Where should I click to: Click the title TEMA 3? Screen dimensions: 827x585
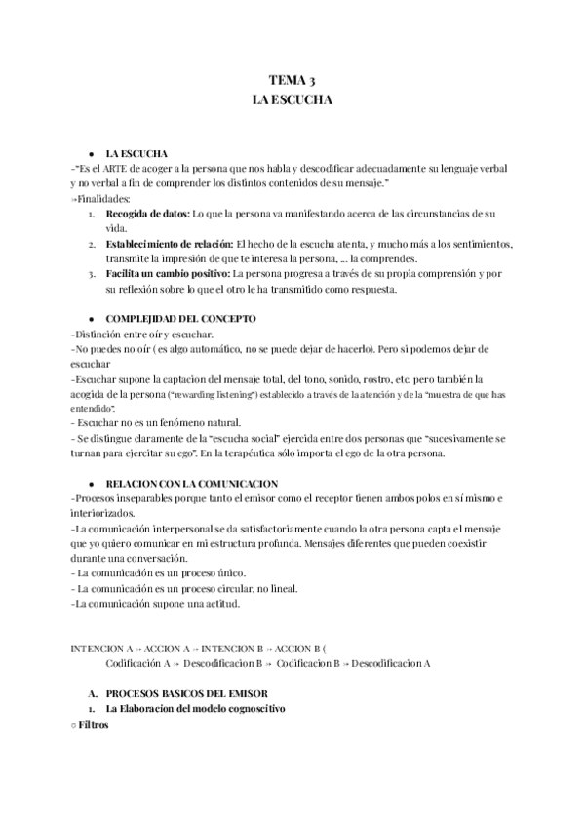(292, 81)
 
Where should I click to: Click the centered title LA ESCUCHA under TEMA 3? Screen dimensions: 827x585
(292, 99)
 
